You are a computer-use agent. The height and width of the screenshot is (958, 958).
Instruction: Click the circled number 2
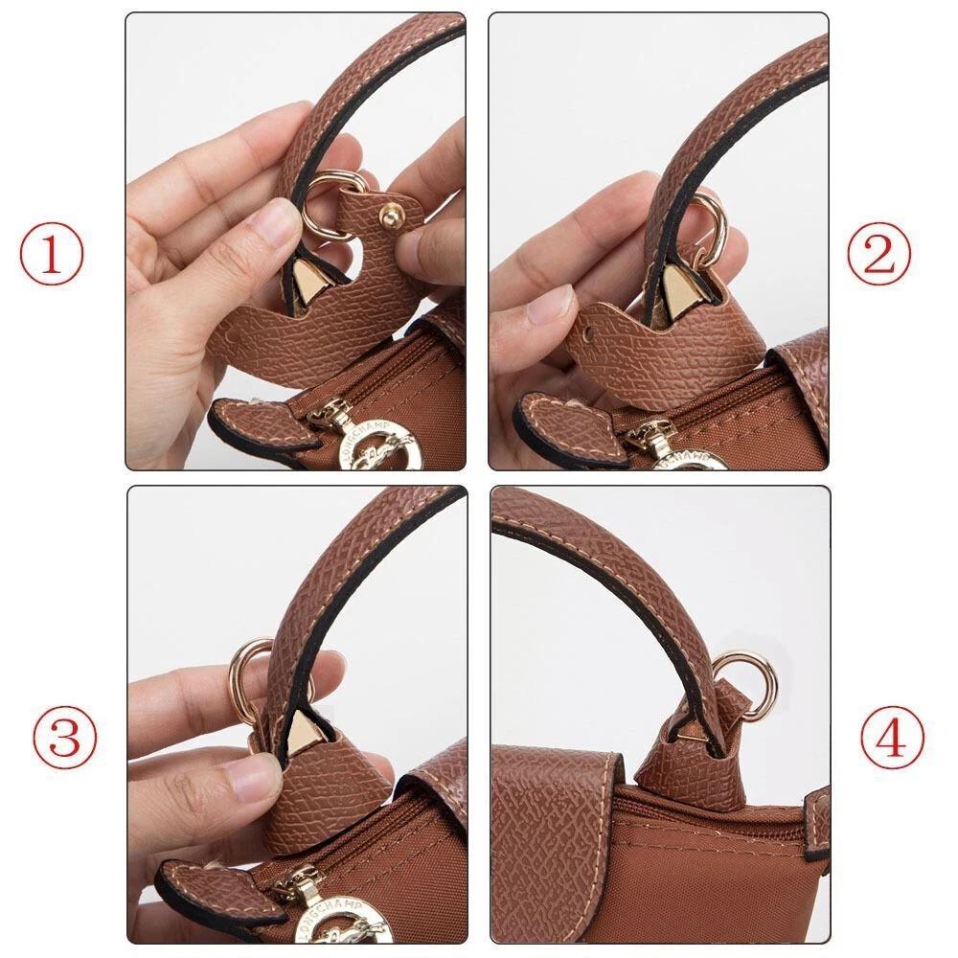pos(878,254)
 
